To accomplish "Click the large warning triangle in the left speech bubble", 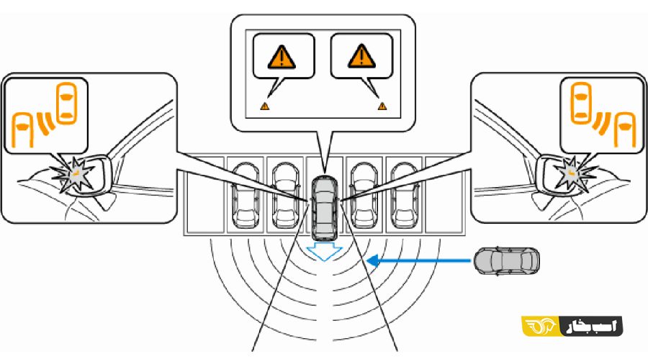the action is pos(282,58).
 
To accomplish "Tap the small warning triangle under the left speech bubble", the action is pos(265,106).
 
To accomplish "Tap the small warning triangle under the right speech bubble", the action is pos(382,106).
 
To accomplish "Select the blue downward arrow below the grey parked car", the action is pos(325,251).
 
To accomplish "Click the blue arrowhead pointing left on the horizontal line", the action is pos(373,261).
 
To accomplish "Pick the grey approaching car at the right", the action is pos(507,261).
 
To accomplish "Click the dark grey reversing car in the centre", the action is pos(325,208).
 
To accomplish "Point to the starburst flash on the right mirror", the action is pos(573,174).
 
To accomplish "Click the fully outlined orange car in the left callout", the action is pos(66,103).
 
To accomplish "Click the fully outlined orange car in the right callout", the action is pos(582,103).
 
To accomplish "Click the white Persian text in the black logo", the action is pos(591,326).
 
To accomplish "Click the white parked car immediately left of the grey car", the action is pos(286,196).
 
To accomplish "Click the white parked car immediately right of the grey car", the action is pos(364,196).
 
